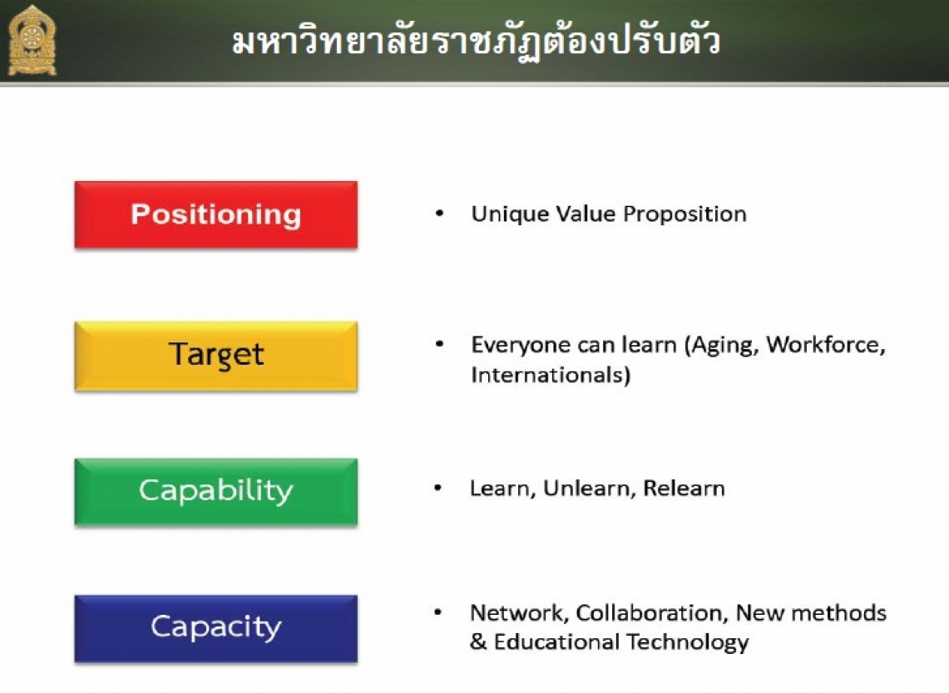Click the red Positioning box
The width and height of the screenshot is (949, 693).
(215, 214)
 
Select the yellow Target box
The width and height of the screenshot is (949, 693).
(215, 356)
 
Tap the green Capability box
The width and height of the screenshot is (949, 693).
(215, 492)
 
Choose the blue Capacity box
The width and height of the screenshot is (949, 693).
(215, 629)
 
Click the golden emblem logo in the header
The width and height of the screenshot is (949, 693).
(32, 41)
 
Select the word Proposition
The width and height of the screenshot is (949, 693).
(685, 214)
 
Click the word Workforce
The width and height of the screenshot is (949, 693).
(826, 345)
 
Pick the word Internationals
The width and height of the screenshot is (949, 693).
(547, 375)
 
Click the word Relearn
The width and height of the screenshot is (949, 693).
(684, 488)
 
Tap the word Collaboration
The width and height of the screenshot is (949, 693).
(651, 613)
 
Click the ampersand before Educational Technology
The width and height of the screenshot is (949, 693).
(478, 641)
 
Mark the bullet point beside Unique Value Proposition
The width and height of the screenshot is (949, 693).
(440, 213)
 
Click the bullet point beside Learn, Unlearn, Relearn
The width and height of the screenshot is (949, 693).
(438, 488)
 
